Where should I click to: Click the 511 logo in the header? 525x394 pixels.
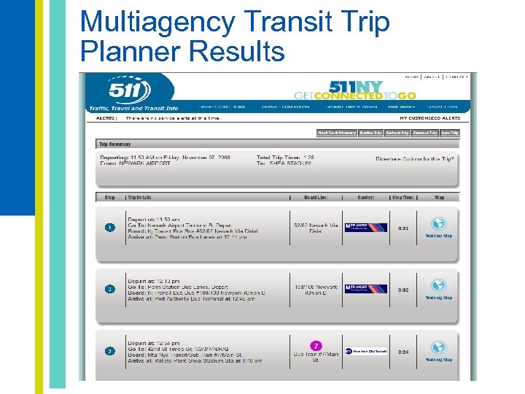[129, 92]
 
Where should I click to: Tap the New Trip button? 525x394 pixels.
[449, 133]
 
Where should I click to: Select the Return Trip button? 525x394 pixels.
[397, 133]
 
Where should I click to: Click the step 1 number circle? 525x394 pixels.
[109, 228]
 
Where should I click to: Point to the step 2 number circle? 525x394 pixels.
[109, 290]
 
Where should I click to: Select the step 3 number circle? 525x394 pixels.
[109, 352]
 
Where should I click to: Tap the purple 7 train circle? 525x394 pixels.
[316, 345]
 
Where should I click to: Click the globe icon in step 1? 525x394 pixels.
[438, 224]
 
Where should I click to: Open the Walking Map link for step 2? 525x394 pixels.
[438, 298]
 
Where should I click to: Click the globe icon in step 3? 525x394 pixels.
[438, 348]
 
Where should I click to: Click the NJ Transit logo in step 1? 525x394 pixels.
[366, 228]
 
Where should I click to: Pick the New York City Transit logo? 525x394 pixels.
[366, 351]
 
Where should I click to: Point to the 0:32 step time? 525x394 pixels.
[403, 290]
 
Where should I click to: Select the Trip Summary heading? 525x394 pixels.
[115, 144]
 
